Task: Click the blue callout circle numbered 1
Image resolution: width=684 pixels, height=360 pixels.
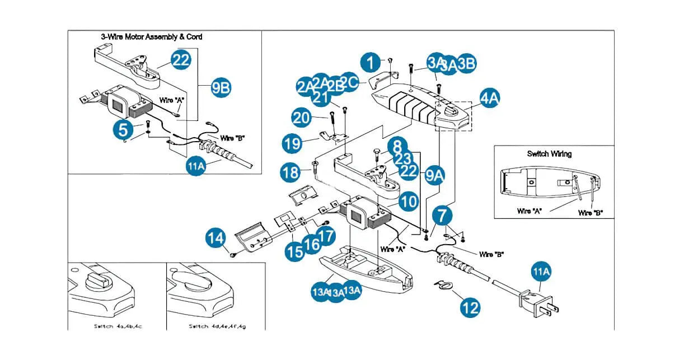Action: (x=370, y=62)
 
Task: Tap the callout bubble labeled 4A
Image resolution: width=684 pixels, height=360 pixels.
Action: (x=490, y=98)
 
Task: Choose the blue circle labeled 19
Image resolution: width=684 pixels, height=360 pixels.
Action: (x=291, y=143)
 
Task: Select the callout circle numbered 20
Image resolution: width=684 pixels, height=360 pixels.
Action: (x=302, y=118)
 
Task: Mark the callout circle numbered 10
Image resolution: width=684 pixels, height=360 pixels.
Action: (x=409, y=201)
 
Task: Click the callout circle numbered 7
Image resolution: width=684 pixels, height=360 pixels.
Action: (x=442, y=214)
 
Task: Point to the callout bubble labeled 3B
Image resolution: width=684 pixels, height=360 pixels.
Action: (x=466, y=63)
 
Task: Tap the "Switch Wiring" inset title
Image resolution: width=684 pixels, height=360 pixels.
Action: (x=549, y=153)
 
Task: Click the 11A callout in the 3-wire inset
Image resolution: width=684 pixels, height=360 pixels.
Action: (x=195, y=166)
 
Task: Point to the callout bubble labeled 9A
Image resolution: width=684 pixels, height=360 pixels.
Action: (x=434, y=175)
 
